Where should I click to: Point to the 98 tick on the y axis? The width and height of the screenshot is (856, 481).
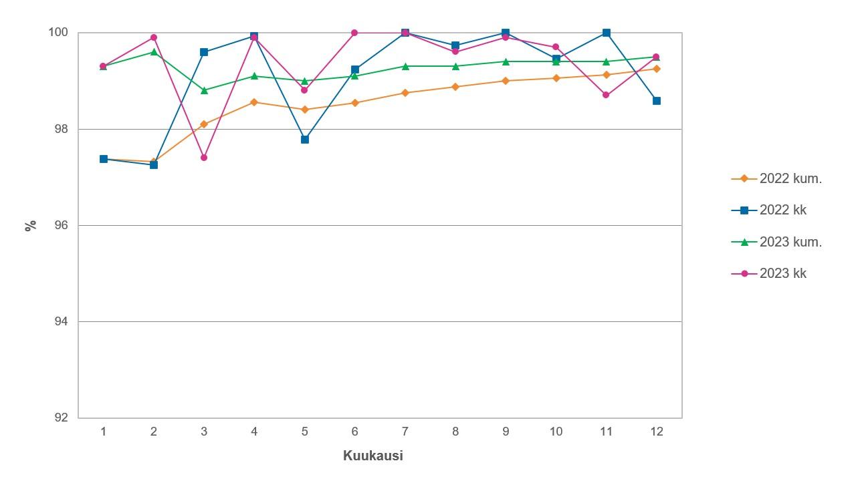62,129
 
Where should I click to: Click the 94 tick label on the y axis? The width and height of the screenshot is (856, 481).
62,321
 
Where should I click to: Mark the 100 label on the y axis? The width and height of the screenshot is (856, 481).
58,33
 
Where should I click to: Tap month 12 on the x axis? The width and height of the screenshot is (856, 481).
657,432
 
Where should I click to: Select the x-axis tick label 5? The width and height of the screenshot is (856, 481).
304,432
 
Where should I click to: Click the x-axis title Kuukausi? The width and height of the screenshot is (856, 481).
372,456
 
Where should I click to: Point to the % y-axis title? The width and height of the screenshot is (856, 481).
30,225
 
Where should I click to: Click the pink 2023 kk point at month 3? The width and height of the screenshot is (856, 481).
204,158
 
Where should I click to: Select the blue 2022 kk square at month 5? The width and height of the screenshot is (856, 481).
305,140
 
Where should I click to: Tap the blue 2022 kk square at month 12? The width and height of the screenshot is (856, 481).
657,101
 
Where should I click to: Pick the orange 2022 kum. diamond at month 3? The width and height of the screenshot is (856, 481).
204,124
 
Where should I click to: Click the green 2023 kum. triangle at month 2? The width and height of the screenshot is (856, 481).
154,52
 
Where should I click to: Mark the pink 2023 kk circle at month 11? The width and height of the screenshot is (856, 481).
606,95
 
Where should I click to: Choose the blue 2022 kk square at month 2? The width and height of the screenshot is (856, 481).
154,165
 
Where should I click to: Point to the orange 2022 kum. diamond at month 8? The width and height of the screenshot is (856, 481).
455,87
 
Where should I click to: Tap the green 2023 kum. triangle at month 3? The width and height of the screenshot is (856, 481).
204,90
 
